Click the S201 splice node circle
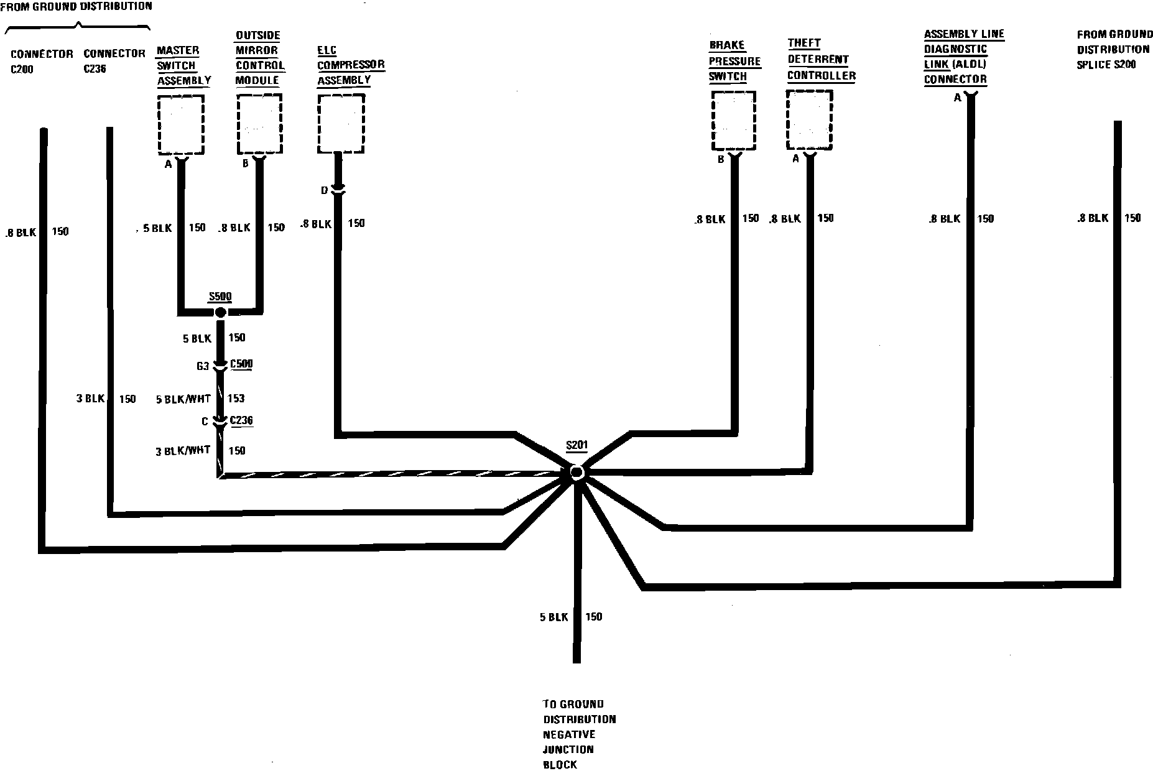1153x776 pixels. coord(576,473)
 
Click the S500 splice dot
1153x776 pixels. coord(220,311)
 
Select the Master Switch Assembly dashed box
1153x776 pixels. coord(181,124)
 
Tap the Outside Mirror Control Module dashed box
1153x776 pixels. coord(260,124)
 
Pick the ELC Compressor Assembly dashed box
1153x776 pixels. coord(340,123)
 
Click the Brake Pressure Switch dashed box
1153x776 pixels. coord(734,121)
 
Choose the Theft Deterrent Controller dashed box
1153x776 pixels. coord(810,120)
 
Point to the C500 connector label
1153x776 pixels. coord(241,364)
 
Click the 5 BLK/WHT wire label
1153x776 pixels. coord(183,399)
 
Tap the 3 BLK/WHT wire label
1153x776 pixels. coord(183,451)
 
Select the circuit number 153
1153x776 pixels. coord(236,399)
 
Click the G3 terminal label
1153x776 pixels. coord(203,367)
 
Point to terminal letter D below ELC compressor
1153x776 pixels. coord(324,191)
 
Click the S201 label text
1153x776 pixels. coord(576,446)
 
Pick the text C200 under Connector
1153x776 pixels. coord(22,70)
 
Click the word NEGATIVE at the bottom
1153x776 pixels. coord(569,734)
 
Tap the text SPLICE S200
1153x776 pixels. coord(1107,65)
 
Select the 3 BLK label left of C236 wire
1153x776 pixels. coord(91,398)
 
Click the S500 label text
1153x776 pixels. coord(220,296)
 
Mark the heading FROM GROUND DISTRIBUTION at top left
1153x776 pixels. coord(76,7)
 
